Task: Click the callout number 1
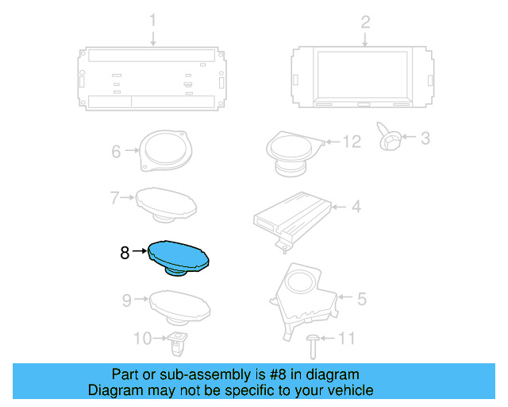[x=153, y=21]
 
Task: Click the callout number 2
[x=365, y=21]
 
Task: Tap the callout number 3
[x=425, y=138]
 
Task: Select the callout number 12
[x=351, y=141]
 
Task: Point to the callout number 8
[x=124, y=253]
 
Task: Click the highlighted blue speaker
[x=181, y=257]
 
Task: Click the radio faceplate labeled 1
[x=152, y=79]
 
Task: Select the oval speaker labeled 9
[x=181, y=304]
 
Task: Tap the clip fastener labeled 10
[x=178, y=344]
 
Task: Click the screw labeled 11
[x=313, y=344]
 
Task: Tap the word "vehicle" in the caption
[x=347, y=391]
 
